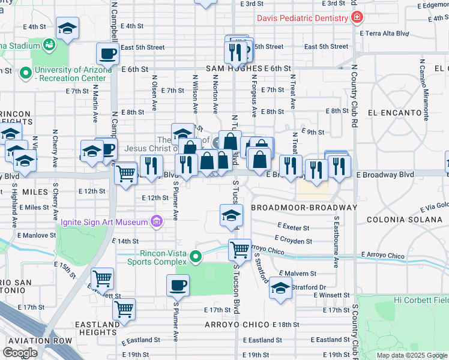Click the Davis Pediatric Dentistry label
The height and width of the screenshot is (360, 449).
coord(303,18)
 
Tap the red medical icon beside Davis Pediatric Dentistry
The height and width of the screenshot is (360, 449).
coord(357,17)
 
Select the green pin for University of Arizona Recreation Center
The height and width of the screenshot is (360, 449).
coord(25,74)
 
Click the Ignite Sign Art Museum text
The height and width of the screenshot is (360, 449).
coord(104,223)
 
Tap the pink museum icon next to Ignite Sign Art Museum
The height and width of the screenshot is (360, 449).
coord(157,222)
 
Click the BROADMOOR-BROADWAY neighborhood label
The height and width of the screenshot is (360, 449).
coord(304,208)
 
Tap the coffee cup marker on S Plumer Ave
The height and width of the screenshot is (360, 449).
coord(177,285)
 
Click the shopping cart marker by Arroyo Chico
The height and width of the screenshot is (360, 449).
coord(240,248)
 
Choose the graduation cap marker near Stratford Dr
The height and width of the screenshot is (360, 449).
coord(280,287)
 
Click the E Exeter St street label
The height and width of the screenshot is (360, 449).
coord(294,228)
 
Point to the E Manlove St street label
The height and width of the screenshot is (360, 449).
coord(36,236)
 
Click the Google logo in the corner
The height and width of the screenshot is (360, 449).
coord(20,353)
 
